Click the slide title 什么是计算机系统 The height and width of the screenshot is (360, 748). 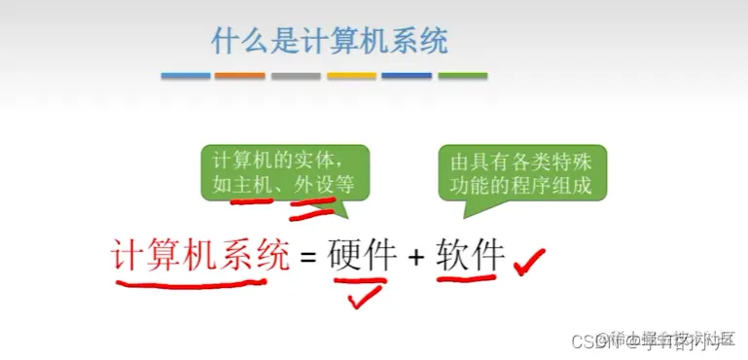[330, 41]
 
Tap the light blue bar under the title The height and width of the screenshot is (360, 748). [185, 76]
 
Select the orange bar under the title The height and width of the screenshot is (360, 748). [239, 76]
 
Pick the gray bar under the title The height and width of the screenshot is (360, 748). [296, 76]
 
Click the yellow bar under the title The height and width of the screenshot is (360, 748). [351, 76]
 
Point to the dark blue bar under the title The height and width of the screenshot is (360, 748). [407, 76]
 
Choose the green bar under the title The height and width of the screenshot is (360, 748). [462, 76]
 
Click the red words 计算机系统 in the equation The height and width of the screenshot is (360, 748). [200, 256]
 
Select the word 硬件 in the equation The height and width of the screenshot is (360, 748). [363, 256]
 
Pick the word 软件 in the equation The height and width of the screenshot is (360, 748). [471, 256]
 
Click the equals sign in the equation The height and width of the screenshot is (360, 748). [308, 258]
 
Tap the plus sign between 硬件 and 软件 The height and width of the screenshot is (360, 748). [416, 258]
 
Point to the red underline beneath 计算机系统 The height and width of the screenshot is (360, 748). [190, 285]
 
